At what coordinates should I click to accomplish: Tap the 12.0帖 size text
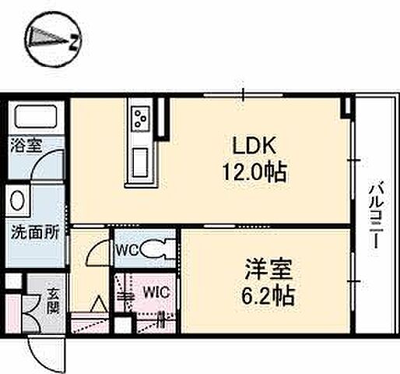click(x=254, y=171)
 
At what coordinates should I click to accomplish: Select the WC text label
click(x=128, y=250)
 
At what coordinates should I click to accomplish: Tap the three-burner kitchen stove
click(x=142, y=118)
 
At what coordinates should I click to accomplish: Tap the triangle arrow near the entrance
click(x=99, y=303)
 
